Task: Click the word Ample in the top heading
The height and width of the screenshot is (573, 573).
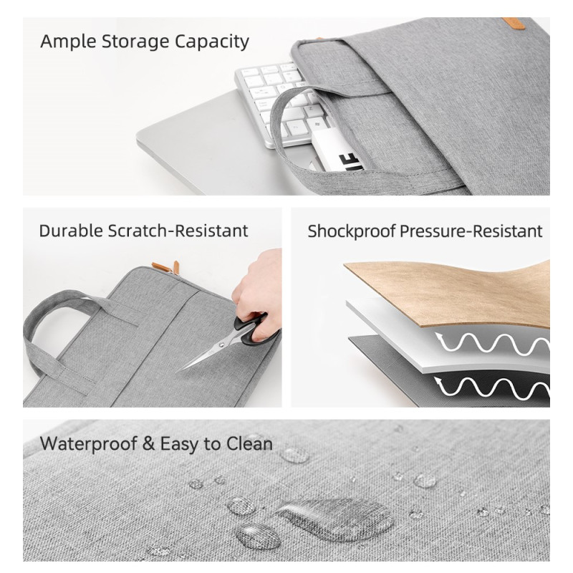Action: point(68,42)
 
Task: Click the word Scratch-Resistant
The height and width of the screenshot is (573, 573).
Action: point(178,231)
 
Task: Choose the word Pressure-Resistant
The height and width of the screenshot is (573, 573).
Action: point(471,231)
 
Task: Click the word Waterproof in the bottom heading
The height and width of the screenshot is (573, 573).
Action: point(88,444)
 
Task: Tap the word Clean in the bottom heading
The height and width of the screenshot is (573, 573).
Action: point(249,444)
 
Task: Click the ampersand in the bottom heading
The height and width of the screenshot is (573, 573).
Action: point(148,443)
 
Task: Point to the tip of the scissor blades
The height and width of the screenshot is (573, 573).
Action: point(177,372)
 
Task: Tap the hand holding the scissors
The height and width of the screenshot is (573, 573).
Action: point(259,289)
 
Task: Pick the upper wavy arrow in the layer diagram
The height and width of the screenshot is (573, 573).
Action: point(493,344)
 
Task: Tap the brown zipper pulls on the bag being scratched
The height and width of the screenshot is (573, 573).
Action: point(166,267)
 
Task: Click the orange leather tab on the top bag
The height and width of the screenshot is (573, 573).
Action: point(513,23)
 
